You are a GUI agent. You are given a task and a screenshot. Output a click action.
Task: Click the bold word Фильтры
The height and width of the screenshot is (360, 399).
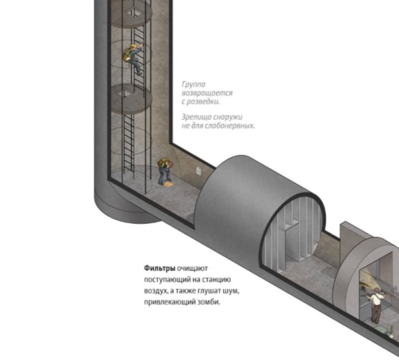(x=160, y=269)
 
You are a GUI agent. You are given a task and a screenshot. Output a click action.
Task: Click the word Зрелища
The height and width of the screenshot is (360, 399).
(x=196, y=117)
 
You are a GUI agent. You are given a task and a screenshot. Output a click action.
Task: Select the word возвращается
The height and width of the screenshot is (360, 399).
(x=207, y=93)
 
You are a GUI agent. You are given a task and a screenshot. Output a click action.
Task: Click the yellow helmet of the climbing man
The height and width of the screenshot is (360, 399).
(x=133, y=46)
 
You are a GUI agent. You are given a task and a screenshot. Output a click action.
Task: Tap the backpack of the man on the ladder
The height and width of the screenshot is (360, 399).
(x=127, y=55)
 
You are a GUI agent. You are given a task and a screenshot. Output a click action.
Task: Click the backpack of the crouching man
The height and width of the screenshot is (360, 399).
(x=162, y=162)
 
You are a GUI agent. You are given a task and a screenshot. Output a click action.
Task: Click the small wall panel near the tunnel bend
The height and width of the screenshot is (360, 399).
(x=199, y=171)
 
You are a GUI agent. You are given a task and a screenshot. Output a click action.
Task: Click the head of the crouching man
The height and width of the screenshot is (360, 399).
(x=170, y=165)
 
